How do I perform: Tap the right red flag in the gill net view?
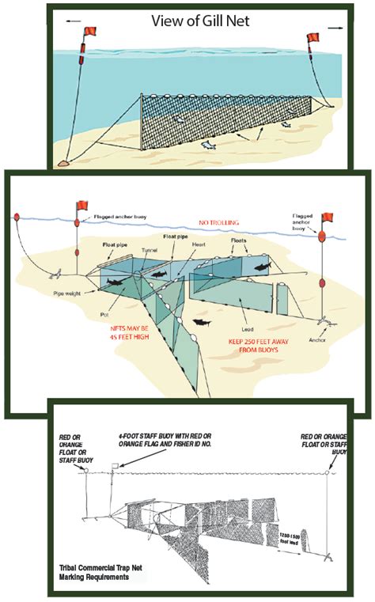pyautogui.click(x=312, y=39)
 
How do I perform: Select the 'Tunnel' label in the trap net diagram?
pyautogui.click(x=150, y=250)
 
